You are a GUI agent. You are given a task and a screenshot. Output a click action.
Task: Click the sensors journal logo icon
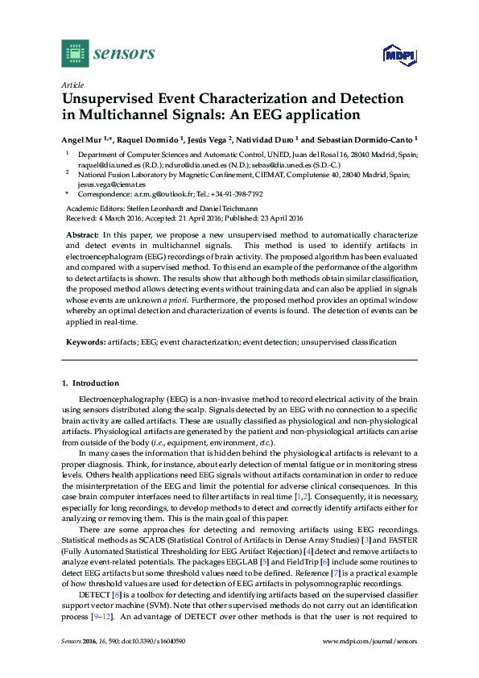(75, 54)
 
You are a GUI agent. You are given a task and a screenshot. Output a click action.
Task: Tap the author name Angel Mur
(81, 138)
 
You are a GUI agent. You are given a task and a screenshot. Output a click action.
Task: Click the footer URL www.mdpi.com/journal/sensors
(370, 664)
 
